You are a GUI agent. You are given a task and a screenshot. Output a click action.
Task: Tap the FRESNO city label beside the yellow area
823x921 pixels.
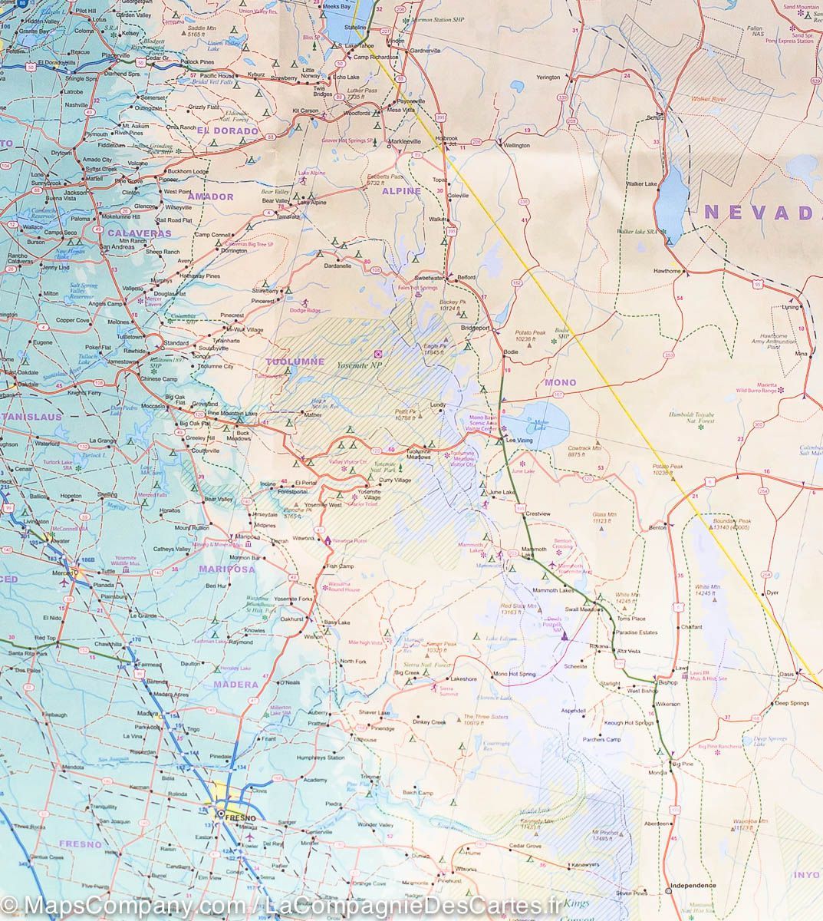click(x=239, y=818)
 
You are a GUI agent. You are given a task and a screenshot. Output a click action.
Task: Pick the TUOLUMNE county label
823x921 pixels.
click(x=295, y=361)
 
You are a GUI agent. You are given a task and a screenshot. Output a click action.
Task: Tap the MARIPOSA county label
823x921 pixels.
click(x=226, y=569)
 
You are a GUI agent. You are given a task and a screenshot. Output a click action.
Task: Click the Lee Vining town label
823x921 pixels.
click(x=518, y=441)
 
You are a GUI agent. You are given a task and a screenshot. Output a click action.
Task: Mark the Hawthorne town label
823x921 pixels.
click(x=667, y=271)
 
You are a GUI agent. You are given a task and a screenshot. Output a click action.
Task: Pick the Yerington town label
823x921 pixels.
click(x=548, y=78)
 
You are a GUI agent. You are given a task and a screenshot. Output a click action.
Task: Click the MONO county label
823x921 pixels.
click(x=560, y=381)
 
